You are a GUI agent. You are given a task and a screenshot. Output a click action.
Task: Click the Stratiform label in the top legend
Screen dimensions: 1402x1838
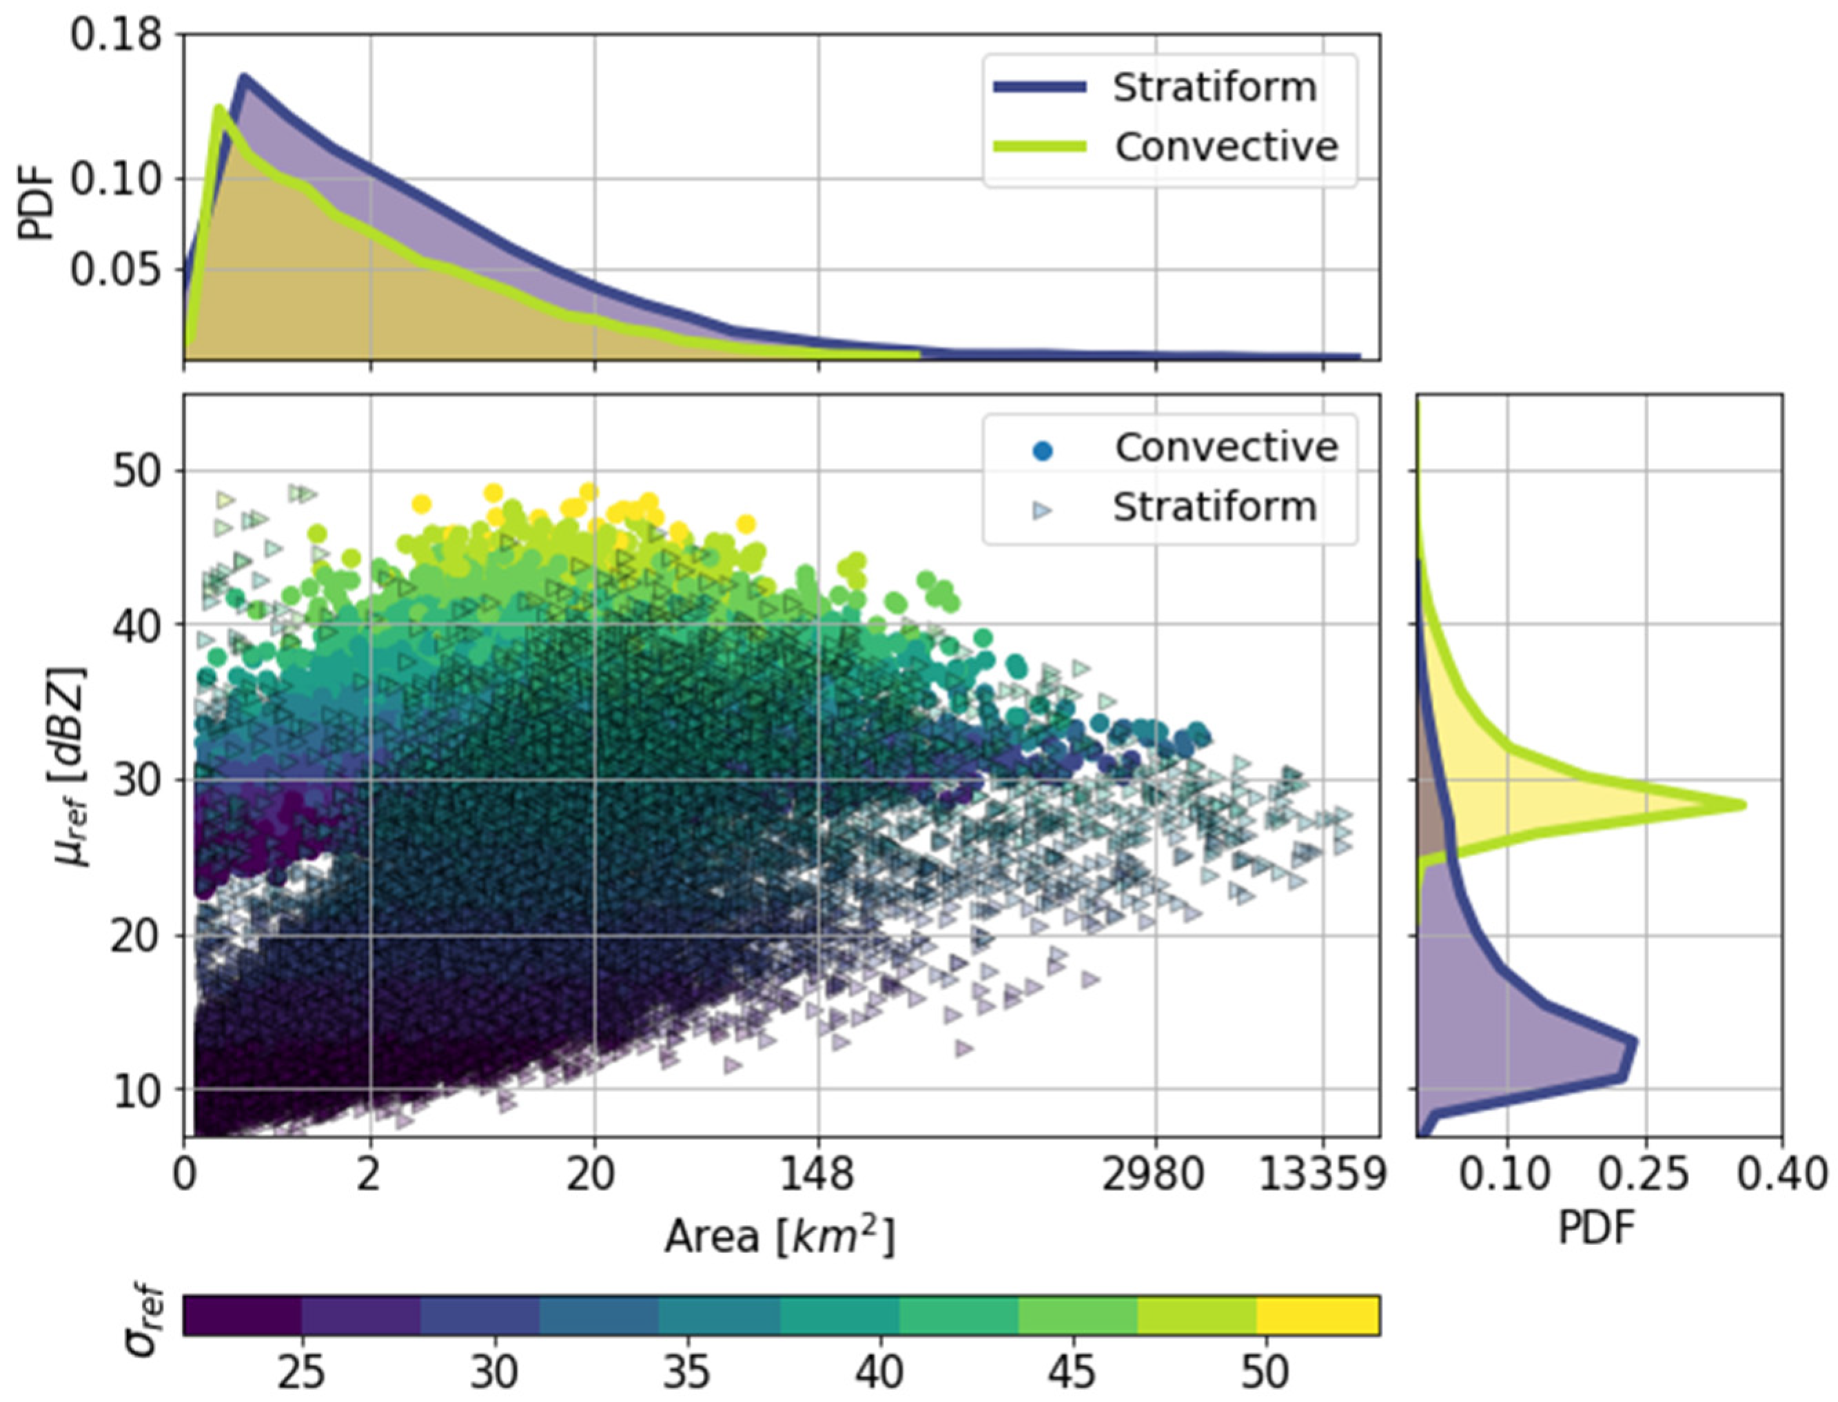(1214, 88)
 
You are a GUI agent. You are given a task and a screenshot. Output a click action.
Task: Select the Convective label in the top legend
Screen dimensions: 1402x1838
(1225, 148)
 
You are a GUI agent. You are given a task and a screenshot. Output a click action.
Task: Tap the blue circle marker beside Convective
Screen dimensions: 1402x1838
(1042, 451)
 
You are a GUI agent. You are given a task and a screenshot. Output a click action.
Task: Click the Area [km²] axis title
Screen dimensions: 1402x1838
(779, 1237)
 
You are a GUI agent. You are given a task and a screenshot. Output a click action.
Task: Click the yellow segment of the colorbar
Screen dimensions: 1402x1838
(1318, 1315)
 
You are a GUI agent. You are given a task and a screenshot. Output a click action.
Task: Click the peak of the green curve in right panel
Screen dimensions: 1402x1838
(1743, 805)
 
